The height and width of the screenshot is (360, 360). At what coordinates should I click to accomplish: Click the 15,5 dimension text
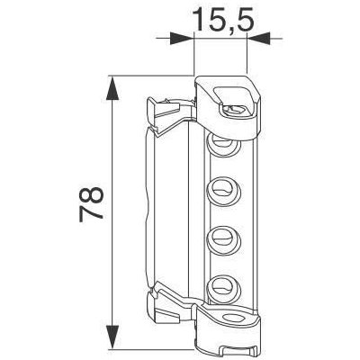point(224,20)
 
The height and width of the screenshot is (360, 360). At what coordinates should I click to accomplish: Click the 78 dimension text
point(92,205)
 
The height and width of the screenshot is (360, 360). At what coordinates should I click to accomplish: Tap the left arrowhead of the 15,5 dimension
point(181,39)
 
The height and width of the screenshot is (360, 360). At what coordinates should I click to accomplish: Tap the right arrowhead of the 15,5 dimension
point(258,39)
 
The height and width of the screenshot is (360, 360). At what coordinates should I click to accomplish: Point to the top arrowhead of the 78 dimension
point(112,88)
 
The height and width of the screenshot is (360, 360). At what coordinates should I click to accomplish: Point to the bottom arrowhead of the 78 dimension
point(112,337)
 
